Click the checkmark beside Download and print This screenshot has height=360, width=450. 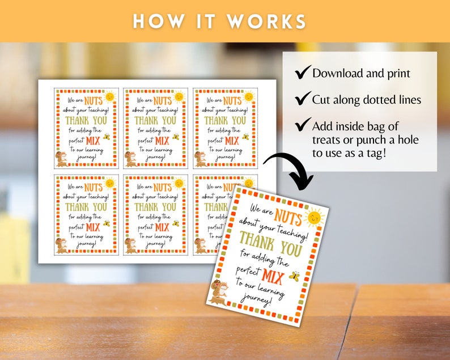pyautogui.click(x=303, y=72)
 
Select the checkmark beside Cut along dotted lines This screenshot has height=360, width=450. pyautogui.click(x=303, y=99)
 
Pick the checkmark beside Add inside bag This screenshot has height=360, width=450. pyautogui.click(x=303, y=125)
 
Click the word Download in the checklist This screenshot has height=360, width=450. pyautogui.click(x=338, y=73)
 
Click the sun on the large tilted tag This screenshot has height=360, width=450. pyautogui.click(x=314, y=217)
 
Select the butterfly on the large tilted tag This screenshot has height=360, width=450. pyautogui.click(x=294, y=276)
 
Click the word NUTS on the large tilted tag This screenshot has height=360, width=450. pyautogui.click(x=288, y=214)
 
